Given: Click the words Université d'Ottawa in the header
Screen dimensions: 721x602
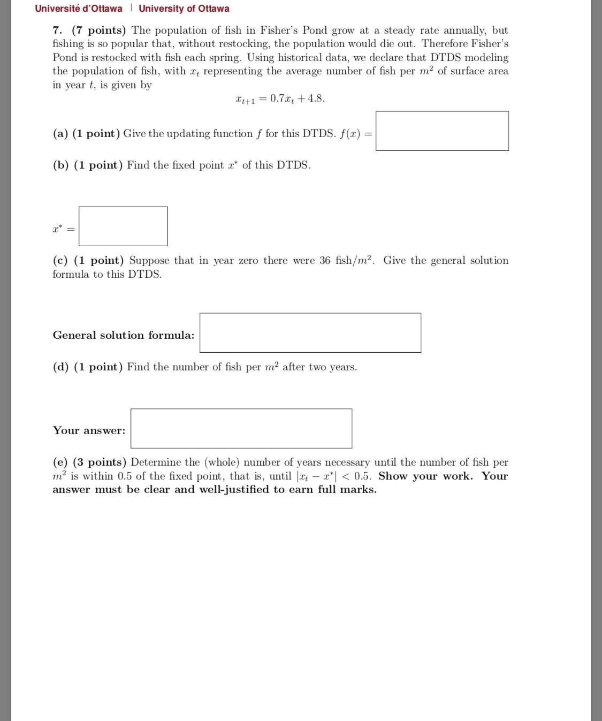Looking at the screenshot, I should point(79,9).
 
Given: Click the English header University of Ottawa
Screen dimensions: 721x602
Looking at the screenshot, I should point(184,9).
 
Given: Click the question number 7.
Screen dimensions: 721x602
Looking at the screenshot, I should point(58,31).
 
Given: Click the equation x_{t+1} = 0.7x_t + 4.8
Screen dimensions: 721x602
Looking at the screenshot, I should point(280,98).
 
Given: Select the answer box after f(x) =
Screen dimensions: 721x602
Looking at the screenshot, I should point(442,131).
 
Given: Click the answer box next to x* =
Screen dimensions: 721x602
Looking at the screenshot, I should point(123,226).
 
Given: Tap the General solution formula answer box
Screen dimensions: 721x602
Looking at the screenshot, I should point(310,333).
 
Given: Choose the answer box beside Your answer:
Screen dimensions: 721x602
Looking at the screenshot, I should point(241,429).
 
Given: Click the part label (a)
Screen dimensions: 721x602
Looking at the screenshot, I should point(60,134).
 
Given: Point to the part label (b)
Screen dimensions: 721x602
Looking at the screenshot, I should point(60,165).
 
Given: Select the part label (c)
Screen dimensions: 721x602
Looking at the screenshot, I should point(60,261).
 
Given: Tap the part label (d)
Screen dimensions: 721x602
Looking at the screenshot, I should point(60,367).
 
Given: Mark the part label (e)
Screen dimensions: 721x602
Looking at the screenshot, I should point(60,462).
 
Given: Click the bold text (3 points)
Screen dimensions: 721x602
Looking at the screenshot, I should point(100,462).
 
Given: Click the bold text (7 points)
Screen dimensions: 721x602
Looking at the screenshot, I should point(99,31).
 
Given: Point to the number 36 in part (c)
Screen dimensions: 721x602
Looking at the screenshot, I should point(325,261).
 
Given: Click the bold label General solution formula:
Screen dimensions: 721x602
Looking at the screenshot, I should point(124,335).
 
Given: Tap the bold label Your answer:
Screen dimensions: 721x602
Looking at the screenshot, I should point(89,430).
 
